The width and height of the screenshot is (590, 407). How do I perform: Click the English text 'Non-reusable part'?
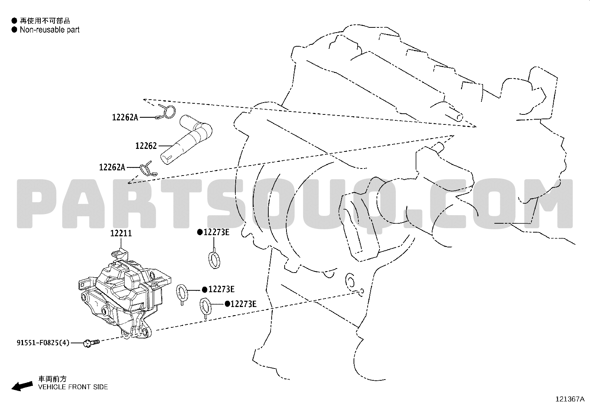pos(50,30)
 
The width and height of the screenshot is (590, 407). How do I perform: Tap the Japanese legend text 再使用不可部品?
pos(45,20)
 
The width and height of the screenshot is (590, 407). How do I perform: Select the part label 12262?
pos(146,146)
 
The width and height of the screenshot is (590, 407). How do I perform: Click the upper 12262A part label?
pos(125,117)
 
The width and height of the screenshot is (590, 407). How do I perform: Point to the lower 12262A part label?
pos(112,167)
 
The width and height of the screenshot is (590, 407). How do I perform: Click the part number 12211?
pos(121,233)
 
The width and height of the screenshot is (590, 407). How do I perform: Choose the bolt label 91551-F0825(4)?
pos(43,343)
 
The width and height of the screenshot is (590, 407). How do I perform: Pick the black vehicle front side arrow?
pos(22,386)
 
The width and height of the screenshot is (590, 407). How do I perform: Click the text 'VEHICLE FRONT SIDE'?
pos(73,387)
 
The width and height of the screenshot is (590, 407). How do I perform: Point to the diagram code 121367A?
pos(570,399)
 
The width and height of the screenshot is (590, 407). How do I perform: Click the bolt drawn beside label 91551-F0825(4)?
pos(91,343)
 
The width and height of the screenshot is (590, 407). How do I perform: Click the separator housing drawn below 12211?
pos(125,294)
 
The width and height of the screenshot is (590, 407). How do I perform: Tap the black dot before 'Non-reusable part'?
pos(14,30)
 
